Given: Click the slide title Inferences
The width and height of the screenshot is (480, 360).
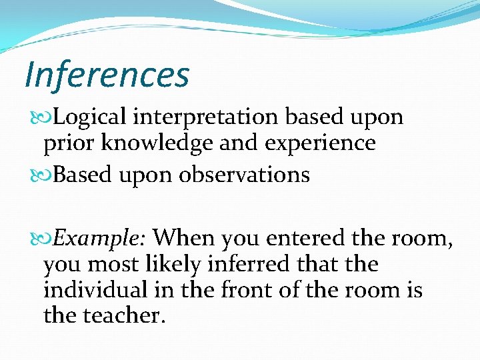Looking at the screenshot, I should coord(107,75).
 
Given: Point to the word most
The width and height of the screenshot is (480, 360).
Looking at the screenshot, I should coord(113,264).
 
